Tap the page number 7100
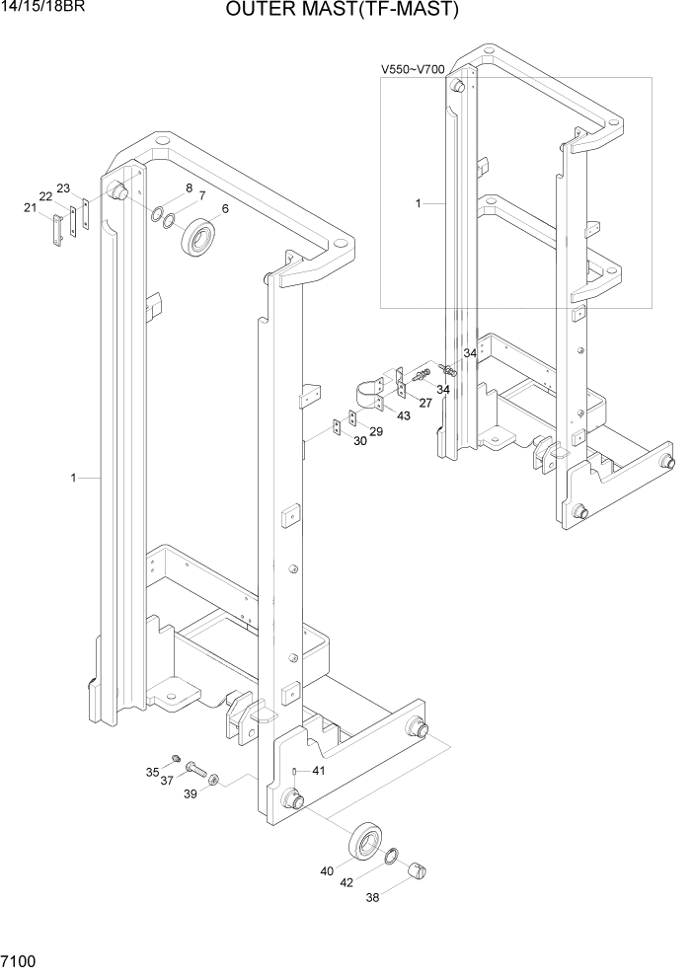tap(21, 961)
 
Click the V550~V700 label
tap(413, 70)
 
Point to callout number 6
tap(225, 208)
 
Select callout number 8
tap(189, 188)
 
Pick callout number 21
tap(29, 207)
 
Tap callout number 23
tap(63, 188)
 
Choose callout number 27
tap(425, 402)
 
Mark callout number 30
tap(359, 441)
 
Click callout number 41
tap(318, 771)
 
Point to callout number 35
tap(152, 772)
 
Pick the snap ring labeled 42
tap(392, 855)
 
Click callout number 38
tap(372, 899)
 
